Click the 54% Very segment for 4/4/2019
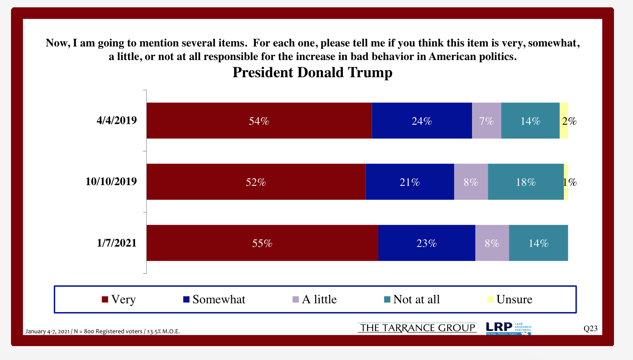point(259,121)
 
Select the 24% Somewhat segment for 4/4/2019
point(422,121)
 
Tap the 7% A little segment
point(486,121)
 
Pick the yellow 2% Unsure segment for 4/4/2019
point(564,121)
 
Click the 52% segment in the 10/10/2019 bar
point(256,182)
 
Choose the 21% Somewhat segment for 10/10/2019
point(409,182)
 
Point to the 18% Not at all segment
point(525,182)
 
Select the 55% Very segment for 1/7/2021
point(262,243)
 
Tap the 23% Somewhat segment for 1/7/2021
point(426,243)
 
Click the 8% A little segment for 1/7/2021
point(492,243)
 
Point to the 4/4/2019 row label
point(117,120)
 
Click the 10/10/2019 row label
point(111,181)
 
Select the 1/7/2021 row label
point(117,243)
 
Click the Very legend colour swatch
point(105,299)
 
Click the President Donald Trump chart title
point(312,72)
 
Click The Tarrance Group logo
point(417,328)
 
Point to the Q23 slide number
point(590,329)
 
